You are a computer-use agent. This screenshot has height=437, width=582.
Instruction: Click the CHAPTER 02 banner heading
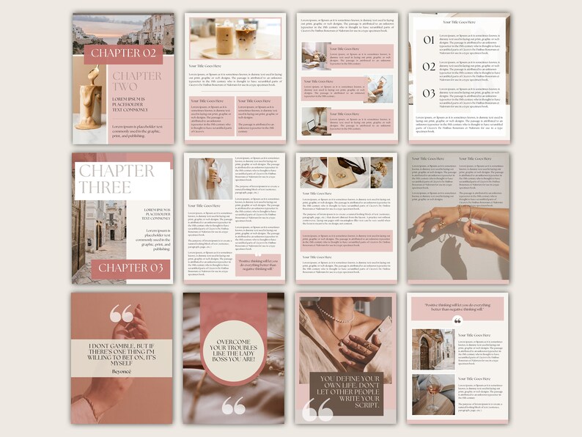pos(122,54)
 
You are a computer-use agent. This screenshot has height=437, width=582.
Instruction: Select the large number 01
pos(428,40)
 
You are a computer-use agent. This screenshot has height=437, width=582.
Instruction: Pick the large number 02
pos(428,67)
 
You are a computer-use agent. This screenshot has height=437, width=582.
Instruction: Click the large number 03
pos(428,94)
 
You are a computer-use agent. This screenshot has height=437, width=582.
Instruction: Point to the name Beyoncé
pos(122,372)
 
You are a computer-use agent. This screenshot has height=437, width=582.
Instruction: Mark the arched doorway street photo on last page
pos(432,350)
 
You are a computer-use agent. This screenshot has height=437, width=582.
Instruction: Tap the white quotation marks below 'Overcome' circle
pos(234,405)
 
